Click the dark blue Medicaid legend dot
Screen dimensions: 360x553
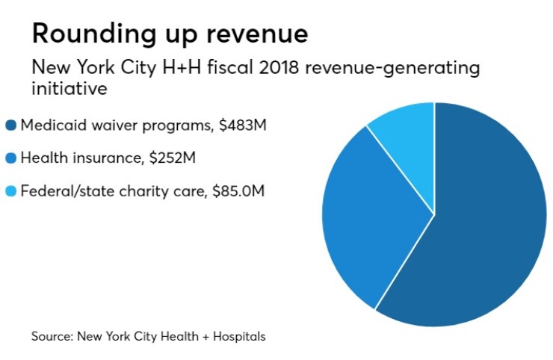tap(10, 125)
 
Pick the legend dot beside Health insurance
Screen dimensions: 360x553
tap(10, 158)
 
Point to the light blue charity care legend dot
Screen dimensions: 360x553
tap(10, 191)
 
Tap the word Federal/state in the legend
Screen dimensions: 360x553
tap(63, 191)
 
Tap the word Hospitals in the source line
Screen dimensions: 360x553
tap(238, 336)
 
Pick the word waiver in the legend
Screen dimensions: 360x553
tap(102, 125)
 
